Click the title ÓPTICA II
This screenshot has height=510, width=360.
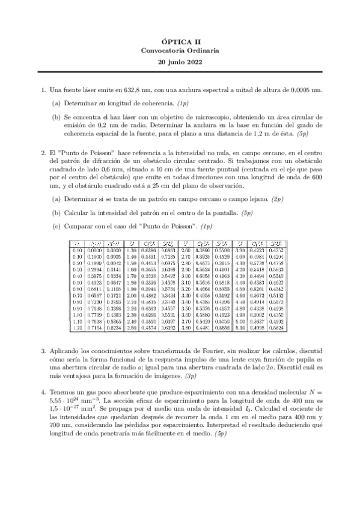[180, 40]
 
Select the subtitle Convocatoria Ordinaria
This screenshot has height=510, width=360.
[180, 51]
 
